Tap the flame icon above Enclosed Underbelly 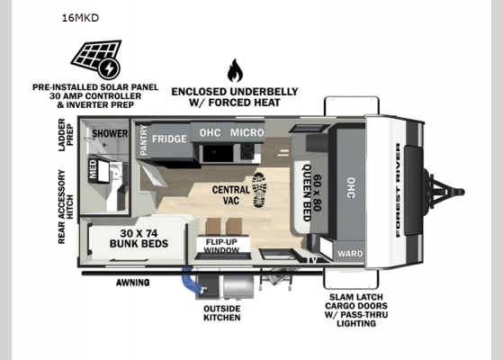[235, 70]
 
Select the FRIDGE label [169, 139]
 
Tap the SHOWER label [109, 133]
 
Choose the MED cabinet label [92, 168]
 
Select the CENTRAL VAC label [231, 196]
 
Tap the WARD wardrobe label [350, 254]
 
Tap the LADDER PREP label [67, 132]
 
